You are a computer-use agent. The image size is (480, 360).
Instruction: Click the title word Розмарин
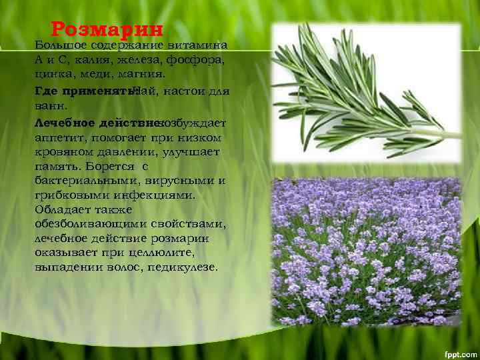click(107, 29)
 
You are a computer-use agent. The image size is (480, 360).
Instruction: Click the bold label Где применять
click(85, 91)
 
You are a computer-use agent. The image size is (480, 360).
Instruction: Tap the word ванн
click(49, 105)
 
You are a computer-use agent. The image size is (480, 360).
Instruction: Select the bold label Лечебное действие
click(98, 124)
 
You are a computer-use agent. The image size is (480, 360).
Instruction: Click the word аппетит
click(57, 138)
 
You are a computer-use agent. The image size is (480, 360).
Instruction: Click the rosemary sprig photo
click(366, 93)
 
